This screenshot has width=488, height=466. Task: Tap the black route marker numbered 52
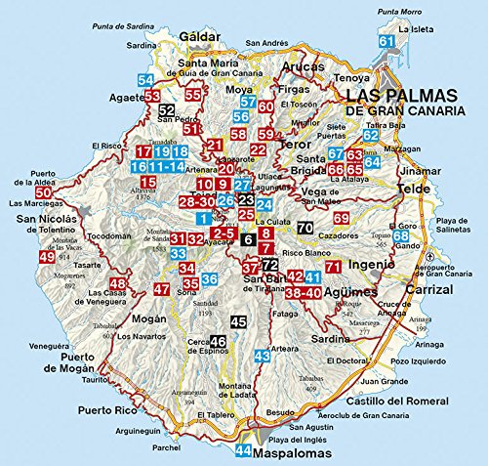click(x=167, y=110)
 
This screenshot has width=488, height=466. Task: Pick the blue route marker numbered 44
click(x=243, y=451)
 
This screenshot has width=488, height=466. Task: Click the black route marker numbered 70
click(x=305, y=229)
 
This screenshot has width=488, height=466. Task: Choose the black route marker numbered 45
click(x=239, y=321)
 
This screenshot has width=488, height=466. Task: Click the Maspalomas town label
click(x=294, y=451)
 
